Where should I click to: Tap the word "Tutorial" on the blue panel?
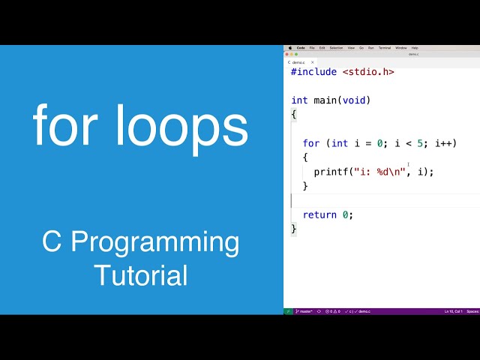[x=141, y=275]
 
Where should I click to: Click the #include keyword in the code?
[x=314, y=72]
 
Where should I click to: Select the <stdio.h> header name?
[x=368, y=72]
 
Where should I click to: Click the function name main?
[x=326, y=100]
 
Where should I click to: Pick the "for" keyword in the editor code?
[x=311, y=143]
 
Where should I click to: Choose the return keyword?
[x=319, y=214]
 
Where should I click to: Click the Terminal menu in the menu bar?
[x=385, y=48]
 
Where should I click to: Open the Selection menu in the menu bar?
[x=336, y=48]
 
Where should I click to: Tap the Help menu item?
[x=415, y=48]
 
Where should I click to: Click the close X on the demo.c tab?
[x=313, y=62]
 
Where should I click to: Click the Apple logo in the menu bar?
[x=289, y=48]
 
